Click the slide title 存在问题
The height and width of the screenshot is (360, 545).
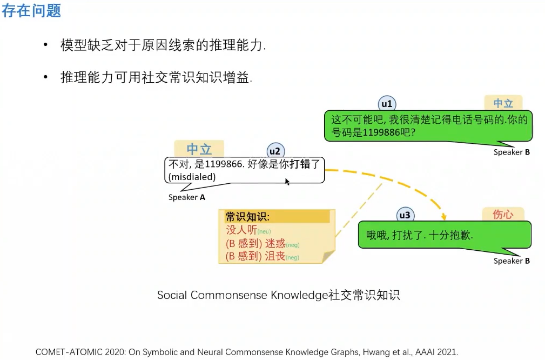click(x=31, y=11)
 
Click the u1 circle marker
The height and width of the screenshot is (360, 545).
click(x=387, y=104)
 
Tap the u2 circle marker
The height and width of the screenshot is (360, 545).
click(x=275, y=151)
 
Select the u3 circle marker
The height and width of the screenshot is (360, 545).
click(x=405, y=215)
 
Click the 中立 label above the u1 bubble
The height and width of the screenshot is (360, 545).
click(x=503, y=103)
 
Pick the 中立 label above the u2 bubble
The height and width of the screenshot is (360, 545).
click(x=199, y=149)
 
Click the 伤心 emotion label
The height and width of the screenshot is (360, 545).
click(x=502, y=215)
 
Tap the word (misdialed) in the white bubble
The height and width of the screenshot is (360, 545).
click(x=192, y=177)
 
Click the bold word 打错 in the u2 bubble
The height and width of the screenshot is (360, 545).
click(x=300, y=164)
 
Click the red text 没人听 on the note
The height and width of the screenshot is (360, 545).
click(x=241, y=230)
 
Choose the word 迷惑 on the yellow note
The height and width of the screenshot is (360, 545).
click(x=275, y=243)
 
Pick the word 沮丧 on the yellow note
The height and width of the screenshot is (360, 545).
click(x=275, y=256)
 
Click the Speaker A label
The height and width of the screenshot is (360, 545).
click(x=187, y=197)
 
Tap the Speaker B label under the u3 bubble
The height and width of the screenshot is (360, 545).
click(x=512, y=261)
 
